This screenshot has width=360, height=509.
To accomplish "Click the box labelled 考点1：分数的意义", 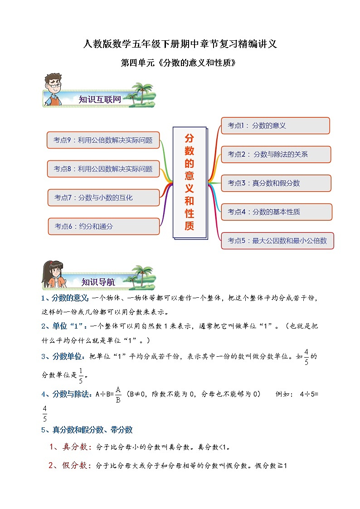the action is (x=275, y=126).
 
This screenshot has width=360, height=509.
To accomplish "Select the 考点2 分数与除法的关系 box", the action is (x=276, y=154).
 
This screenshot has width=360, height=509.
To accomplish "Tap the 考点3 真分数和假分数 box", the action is (x=276, y=183).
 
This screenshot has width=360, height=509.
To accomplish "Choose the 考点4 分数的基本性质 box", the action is (x=276, y=212).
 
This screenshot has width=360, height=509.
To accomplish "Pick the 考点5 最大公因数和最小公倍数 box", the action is (x=277, y=241).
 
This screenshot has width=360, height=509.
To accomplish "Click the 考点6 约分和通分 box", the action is (x=104, y=226).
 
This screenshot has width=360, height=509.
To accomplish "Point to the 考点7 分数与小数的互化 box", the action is (x=104, y=198).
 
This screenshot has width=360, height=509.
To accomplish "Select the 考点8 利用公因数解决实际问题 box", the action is (x=103, y=169).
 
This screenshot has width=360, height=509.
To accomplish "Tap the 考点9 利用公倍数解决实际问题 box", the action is (x=103, y=140).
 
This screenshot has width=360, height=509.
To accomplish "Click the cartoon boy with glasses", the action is (x=53, y=89).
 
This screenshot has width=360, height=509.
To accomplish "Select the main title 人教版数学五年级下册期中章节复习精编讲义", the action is (x=180, y=44).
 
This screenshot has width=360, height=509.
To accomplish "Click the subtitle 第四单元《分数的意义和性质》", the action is (x=179, y=63).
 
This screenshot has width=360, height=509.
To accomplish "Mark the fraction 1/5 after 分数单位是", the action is (x=81, y=376).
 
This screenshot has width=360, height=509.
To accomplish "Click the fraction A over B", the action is (x=117, y=394).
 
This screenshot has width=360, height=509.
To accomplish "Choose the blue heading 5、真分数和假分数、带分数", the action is (x=87, y=430).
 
